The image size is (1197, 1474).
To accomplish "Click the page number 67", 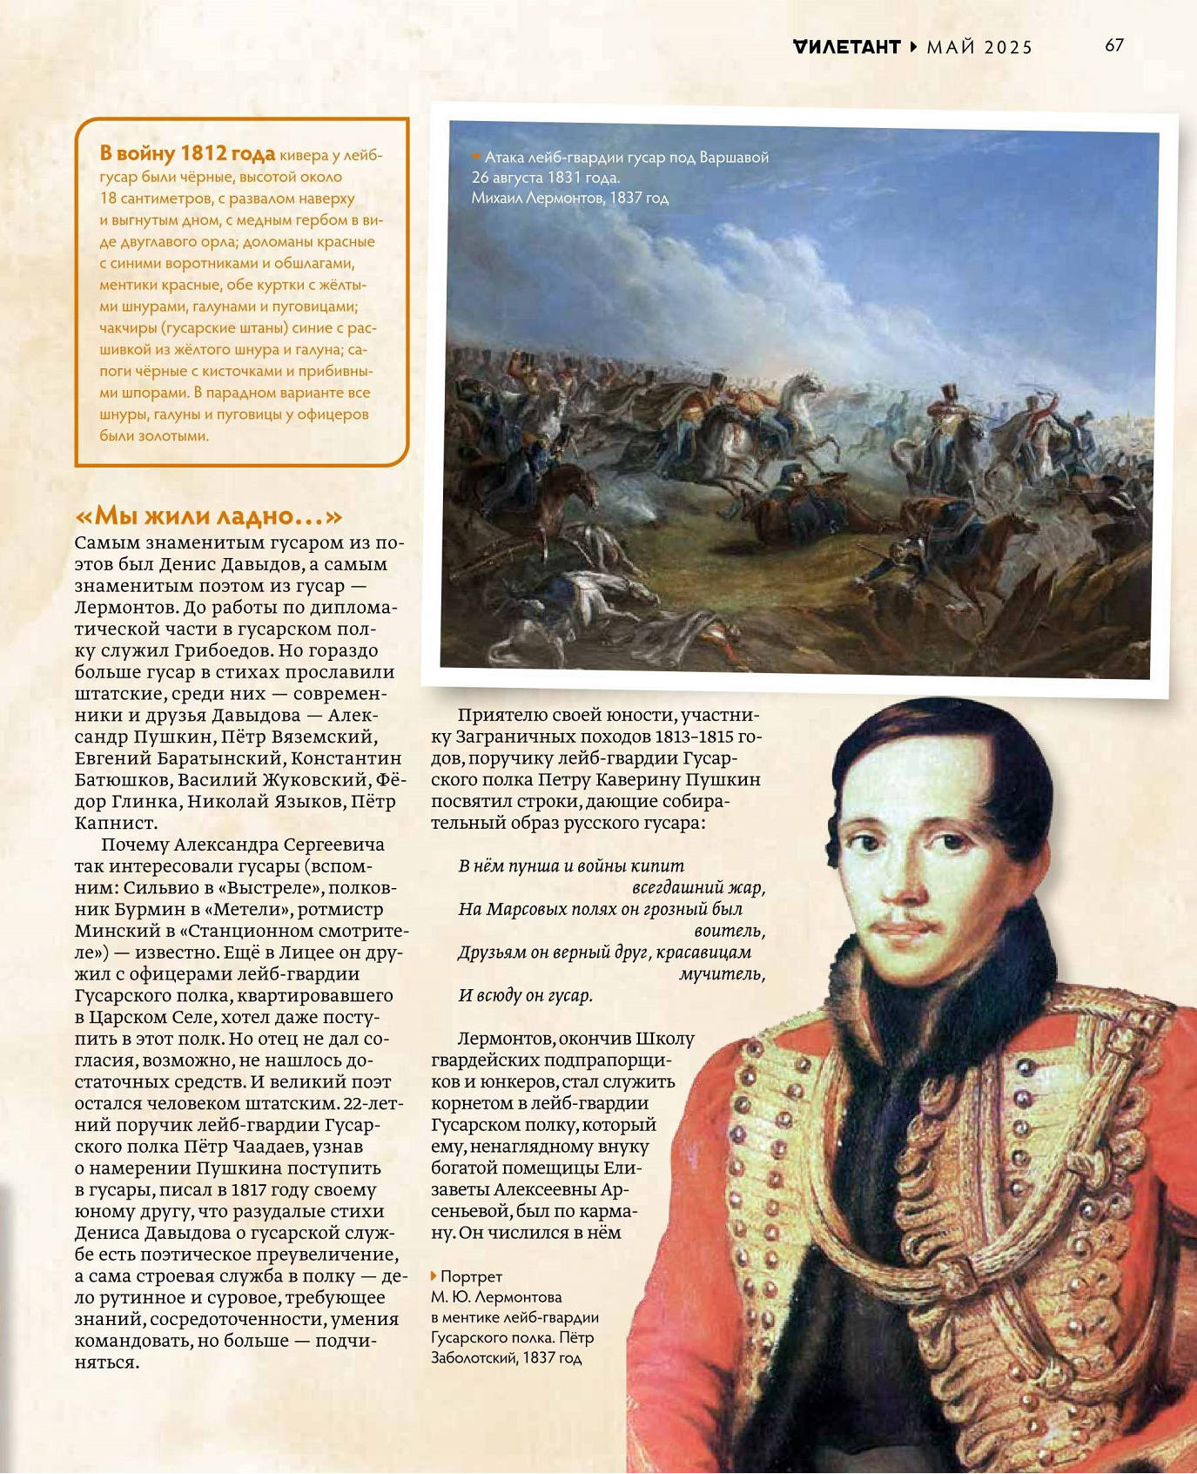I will [1114, 45].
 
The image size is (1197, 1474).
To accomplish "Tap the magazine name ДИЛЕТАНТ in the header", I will [846, 47].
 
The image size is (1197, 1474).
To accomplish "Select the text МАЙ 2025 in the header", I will [979, 48].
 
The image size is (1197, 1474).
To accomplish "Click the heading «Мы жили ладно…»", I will [209, 515].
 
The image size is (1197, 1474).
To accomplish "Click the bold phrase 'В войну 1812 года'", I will [187, 154].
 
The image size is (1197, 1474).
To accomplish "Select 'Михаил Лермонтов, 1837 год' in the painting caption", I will [570, 199].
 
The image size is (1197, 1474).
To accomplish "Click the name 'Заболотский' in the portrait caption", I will [470, 1357].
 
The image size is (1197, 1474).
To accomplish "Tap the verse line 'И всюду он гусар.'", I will [526, 995].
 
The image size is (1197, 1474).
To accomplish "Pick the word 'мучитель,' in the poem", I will [722, 973].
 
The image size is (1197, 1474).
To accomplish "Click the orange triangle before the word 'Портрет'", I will [434, 1275].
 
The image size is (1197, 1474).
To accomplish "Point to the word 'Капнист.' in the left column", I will [116, 823].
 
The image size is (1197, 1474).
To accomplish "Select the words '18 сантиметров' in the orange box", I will [154, 199].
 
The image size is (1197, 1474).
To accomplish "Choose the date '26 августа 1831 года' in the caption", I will [546, 178].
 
